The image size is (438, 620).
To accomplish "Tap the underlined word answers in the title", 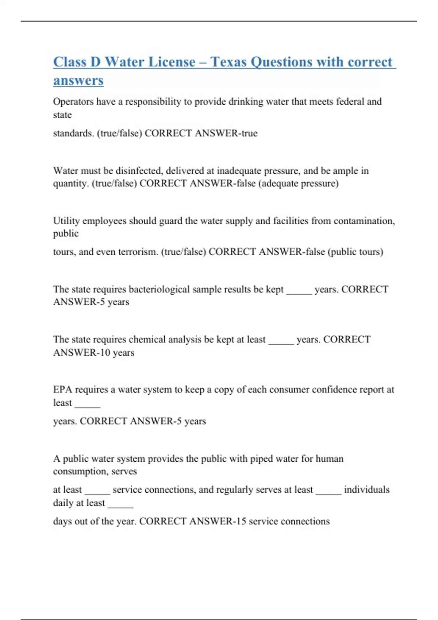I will coord(78,81).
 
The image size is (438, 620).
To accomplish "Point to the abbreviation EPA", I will coord(62,390).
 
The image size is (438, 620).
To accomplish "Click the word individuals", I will coord(366,489).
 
